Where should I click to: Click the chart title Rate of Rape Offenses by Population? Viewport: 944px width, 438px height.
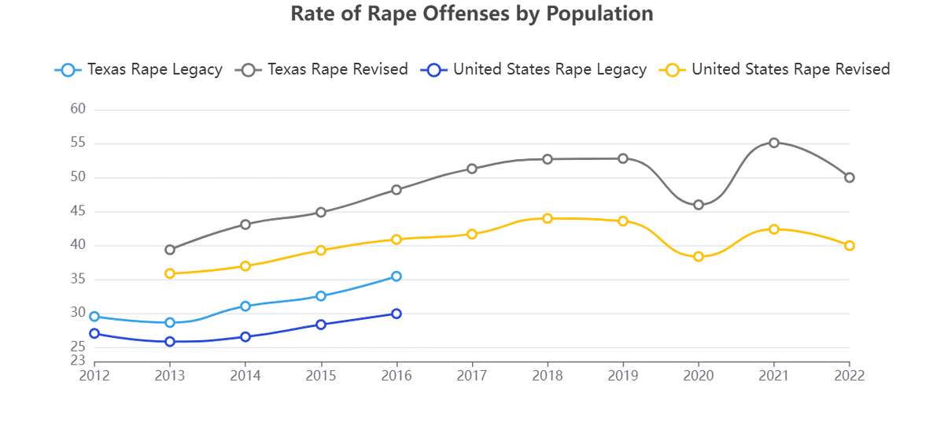click(x=472, y=14)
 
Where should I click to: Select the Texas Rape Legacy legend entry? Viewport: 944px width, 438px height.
click(x=139, y=69)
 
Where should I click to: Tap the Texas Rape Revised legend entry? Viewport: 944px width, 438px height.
click(x=323, y=69)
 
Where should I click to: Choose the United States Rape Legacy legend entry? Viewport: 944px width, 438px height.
click(x=535, y=69)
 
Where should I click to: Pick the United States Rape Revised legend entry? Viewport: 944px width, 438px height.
click(x=776, y=69)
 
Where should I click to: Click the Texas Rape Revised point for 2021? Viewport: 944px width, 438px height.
click(x=774, y=143)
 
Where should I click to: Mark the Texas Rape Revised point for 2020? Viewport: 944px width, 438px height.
click(x=699, y=205)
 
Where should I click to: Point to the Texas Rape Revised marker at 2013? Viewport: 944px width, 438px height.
click(x=170, y=250)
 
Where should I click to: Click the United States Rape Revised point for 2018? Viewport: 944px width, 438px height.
click(x=548, y=218)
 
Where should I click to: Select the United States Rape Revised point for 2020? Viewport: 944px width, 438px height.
click(x=699, y=257)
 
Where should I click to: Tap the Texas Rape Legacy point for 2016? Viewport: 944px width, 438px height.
click(x=396, y=277)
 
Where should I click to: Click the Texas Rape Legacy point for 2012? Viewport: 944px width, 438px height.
click(x=94, y=317)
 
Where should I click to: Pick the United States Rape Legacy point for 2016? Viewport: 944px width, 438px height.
click(x=396, y=314)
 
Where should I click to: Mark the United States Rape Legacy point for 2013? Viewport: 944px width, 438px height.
click(x=170, y=342)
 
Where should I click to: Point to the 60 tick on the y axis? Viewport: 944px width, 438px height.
click(x=78, y=109)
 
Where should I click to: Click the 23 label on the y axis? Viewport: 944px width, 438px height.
click(x=78, y=361)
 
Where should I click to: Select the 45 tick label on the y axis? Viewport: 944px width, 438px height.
click(x=78, y=211)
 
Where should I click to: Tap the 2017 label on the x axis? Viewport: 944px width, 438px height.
click(x=472, y=376)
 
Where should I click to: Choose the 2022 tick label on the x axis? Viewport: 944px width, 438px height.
click(x=849, y=376)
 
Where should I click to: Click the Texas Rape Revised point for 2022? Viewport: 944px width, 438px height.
click(x=850, y=177)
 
